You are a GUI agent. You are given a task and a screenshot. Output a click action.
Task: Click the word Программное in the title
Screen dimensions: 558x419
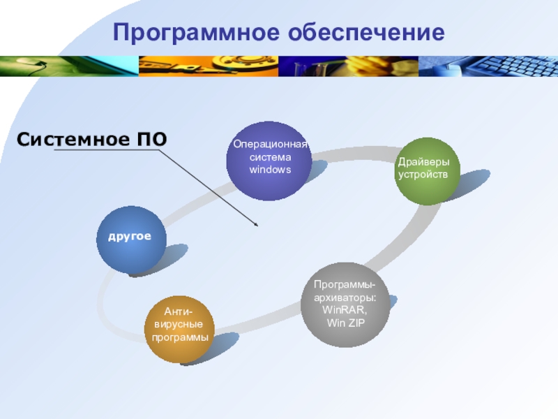[193, 32]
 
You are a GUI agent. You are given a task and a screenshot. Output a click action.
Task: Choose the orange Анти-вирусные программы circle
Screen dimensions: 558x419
[179, 328]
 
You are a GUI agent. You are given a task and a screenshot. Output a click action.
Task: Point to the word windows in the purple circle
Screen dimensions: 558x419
[270, 170]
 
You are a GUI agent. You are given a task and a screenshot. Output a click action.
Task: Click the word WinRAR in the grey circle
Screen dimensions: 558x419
[344, 309]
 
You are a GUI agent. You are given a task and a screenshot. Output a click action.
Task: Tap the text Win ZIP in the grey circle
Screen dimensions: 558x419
[346, 322]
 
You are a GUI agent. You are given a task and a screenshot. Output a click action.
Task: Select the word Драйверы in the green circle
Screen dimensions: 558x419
[423, 162]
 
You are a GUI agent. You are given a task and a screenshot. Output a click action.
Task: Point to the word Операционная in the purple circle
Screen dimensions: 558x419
[270, 145]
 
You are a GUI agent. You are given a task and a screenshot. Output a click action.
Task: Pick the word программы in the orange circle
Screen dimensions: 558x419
[180, 337]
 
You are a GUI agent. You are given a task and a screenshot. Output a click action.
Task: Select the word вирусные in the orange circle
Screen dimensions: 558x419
[179, 325]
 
